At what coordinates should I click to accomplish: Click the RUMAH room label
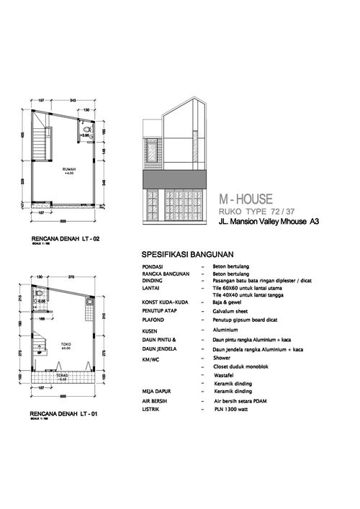[69, 169]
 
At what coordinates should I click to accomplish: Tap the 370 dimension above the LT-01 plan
[71, 276]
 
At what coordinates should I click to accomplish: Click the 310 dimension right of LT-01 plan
[104, 315]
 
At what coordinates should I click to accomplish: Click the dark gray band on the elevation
[176, 178]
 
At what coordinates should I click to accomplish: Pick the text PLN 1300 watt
[233, 409]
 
